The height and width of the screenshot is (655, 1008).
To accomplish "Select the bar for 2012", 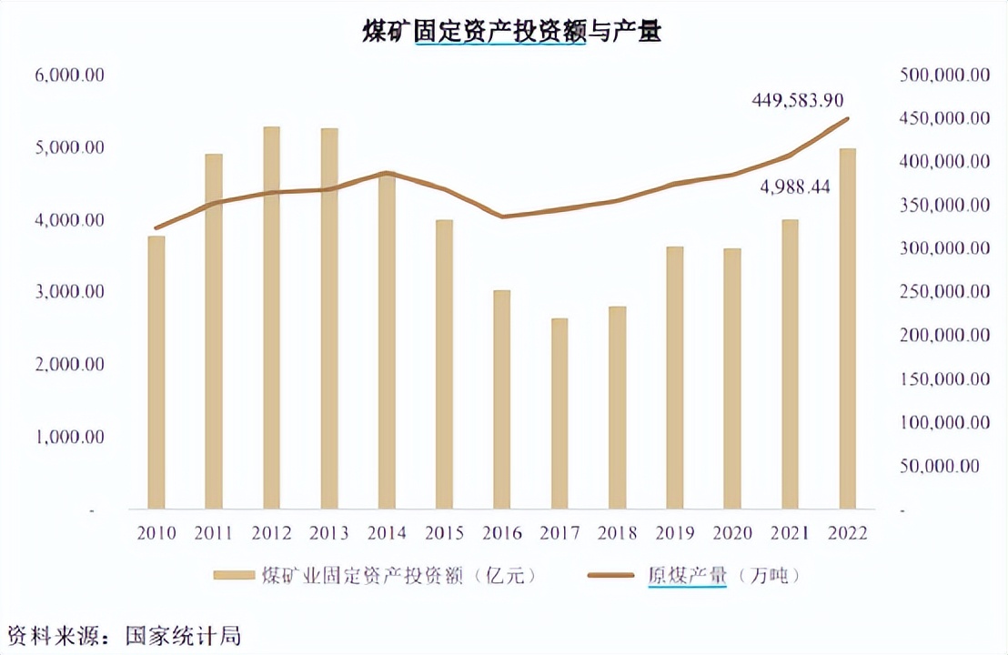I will [x=272, y=317].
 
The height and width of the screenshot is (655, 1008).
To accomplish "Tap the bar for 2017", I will [x=559, y=413].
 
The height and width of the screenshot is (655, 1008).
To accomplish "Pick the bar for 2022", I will [x=847, y=328].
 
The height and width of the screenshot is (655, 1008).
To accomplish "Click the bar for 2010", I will [x=156, y=372].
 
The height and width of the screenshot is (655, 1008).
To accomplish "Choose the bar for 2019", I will [x=674, y=377].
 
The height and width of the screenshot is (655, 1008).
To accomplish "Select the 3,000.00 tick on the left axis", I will [x=70, y=292].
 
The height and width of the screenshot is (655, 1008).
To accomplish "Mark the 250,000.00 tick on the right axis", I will [x=943, y=292].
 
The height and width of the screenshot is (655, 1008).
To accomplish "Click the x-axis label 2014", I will [x=387, y=533].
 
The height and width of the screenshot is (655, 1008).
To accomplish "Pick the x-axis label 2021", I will [x=789, y=533].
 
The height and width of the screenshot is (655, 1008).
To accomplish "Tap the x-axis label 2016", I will [x=501, y=533].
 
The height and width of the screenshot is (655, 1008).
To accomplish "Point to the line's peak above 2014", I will [x=387, y=173].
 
